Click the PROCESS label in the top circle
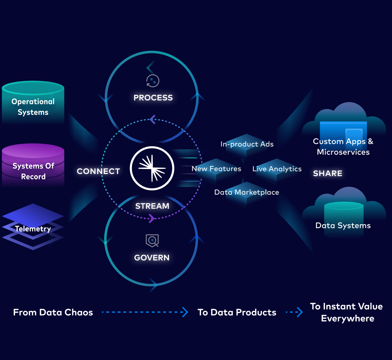pyautogui.click(x=153, y=98)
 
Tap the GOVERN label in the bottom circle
pyautogui.click(x=152, y=258)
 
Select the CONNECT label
pyautogui.click(x=98, y=171)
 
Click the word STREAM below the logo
pyautogui.click(x=152, y=206)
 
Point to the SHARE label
pyautogui.click(x=328, y=173)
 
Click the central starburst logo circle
pyautogui.click(x=152, y=168)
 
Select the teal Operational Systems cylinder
pyautogui.click(x=33, y=103)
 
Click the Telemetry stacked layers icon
pyautogui.click(x=33, y=227)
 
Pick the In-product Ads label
pyautogui.click(x=247, y=144)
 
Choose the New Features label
pyautogui.click(x=216, y=169)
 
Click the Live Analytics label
pyautogui.click(x=277, y=169)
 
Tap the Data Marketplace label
pyautogui.click(x=247, y=192)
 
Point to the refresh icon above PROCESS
pyautogui.click(x=153, y=81)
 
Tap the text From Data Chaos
pyautogui.click(x=53, y=312)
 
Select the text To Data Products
pyautogui.click(x=237, y=312)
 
